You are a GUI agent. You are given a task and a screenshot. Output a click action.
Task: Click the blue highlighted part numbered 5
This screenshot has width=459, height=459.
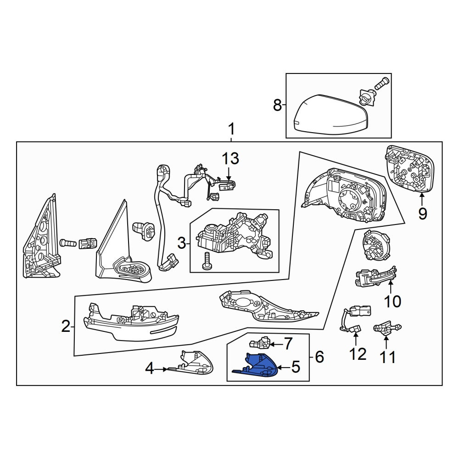point(257,366)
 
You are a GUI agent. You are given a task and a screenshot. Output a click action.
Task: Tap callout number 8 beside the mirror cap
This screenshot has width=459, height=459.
point(277,105)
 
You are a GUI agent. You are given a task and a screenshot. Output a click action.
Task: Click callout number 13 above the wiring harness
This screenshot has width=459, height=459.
point(230,158)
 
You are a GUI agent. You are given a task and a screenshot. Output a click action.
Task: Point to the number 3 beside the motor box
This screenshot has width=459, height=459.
point(182,243)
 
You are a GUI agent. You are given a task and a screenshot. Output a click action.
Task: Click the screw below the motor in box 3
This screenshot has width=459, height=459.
point(207,261)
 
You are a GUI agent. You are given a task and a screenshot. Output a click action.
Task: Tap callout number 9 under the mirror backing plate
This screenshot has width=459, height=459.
point(422,214)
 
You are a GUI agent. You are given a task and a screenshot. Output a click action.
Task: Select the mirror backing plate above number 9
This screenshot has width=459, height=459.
point(410,169)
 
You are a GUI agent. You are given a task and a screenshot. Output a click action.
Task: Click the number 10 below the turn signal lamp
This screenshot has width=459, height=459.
point(392,301)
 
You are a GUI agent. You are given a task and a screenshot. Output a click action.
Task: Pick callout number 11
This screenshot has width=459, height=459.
point(388,357)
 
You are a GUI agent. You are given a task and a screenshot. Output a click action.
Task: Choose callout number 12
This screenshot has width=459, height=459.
point(358,354)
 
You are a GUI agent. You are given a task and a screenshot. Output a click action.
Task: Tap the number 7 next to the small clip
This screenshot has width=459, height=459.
point(288,343)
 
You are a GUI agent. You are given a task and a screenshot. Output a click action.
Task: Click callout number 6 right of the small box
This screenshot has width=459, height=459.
point(319,357)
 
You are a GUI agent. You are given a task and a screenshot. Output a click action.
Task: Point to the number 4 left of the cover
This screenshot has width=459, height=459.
point(150,368)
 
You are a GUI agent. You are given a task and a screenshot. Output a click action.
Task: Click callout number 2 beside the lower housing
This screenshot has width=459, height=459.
point(66,326)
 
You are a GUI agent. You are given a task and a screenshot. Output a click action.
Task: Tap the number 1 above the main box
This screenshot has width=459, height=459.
point(231,129)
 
